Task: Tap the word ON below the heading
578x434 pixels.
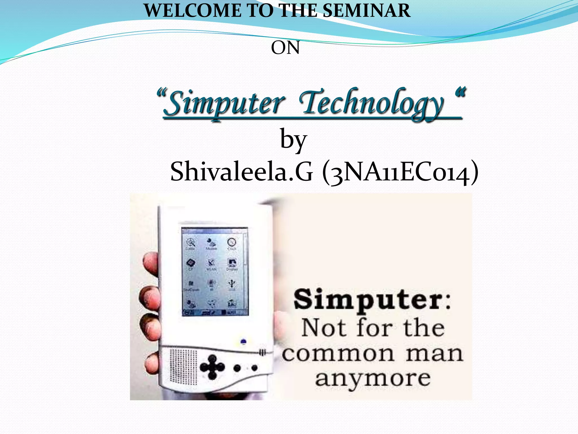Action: pyautogui.click(x=285, y=48)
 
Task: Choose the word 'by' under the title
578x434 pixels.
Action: pyautogui.click(x=293, y=140)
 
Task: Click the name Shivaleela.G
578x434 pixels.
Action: pyautogui.click(x=242, y=172)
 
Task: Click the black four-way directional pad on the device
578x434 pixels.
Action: pyautogui.click(x=212, y=367)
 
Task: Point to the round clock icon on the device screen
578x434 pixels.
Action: pyautogui.click(x=232, y=242)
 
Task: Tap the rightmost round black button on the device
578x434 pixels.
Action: pyautogui.click(x=254, y=368)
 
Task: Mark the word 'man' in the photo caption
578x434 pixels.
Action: pyautogui.click(x=435, y=353)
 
